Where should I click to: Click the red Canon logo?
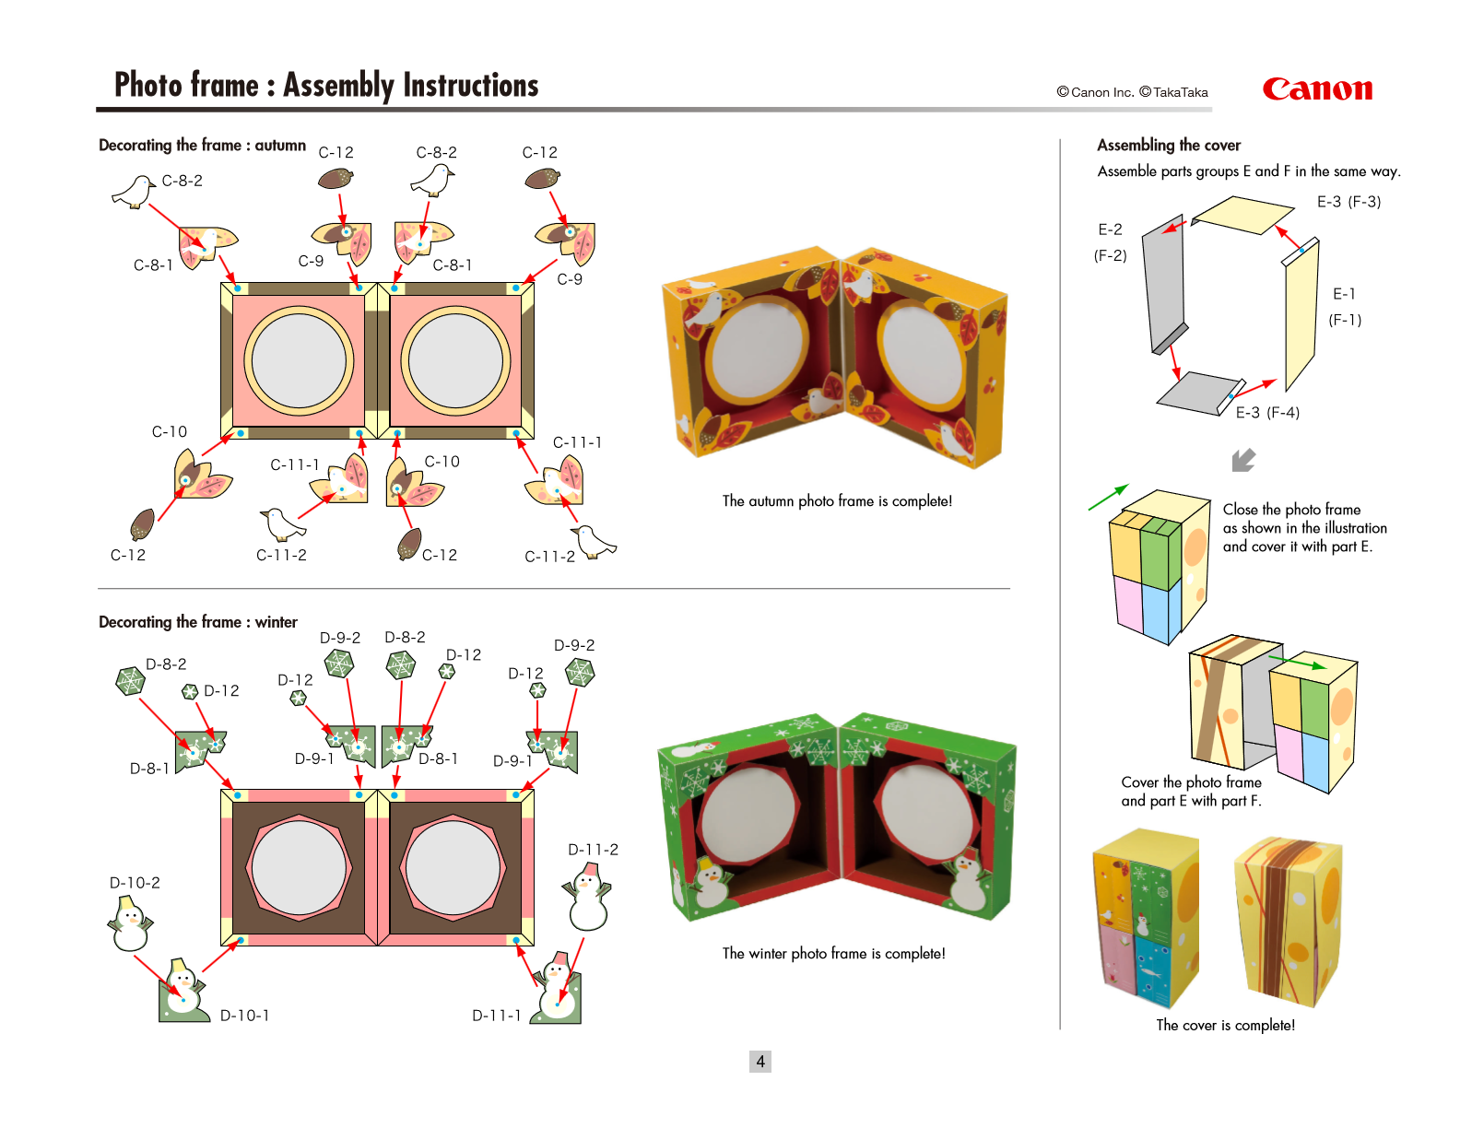[x=1317, y=89]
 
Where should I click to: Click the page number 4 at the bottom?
[x=760, y=1062]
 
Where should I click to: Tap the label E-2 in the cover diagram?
[x=1110, y=230]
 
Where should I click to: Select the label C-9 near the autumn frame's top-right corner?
[x=570, y=279]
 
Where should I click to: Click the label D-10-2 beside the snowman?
[x=135, y=883]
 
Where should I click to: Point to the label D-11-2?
[x=593, y=850]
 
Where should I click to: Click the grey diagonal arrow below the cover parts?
[x=1243, y=460]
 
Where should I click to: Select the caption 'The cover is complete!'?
[x=1225, y=1025]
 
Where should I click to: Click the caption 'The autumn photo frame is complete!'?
[x=837, y=501]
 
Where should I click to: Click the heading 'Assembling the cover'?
[x=1169, y=146]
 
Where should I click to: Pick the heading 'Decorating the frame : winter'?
[x=198, y=623]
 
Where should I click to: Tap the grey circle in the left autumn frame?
[x=299, y=359]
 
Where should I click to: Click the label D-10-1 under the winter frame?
[x=244, y=1016]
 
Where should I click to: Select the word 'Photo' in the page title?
[x=148, y=86]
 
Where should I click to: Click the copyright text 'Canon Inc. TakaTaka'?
[x=1132, y=92]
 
